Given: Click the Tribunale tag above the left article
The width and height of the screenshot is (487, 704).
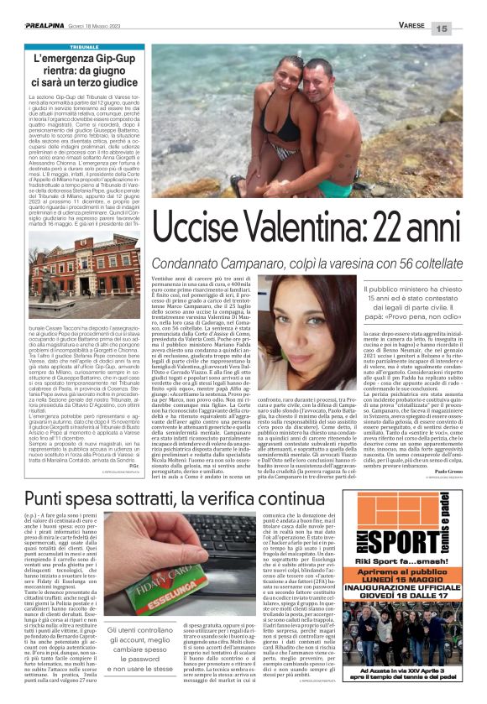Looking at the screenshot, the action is point(84,48).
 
